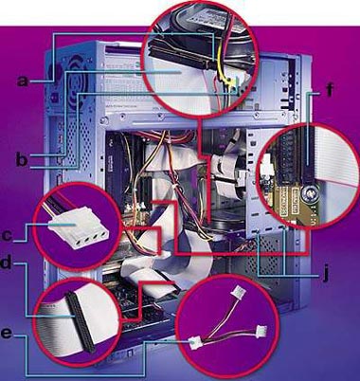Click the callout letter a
click(x=23, y=80)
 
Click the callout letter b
click(x=22, y=160)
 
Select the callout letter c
click(x=7, y=235)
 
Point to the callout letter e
click(x=7, y=334)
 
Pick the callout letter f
click(x=330, y=89)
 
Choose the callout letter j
click(x=325, y=274)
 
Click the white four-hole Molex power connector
click(x=79, y=232)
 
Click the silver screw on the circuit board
click(x=307, y=193)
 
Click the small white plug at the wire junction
click(x=195, y=342)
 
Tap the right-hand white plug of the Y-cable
click(x=261, y=331)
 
